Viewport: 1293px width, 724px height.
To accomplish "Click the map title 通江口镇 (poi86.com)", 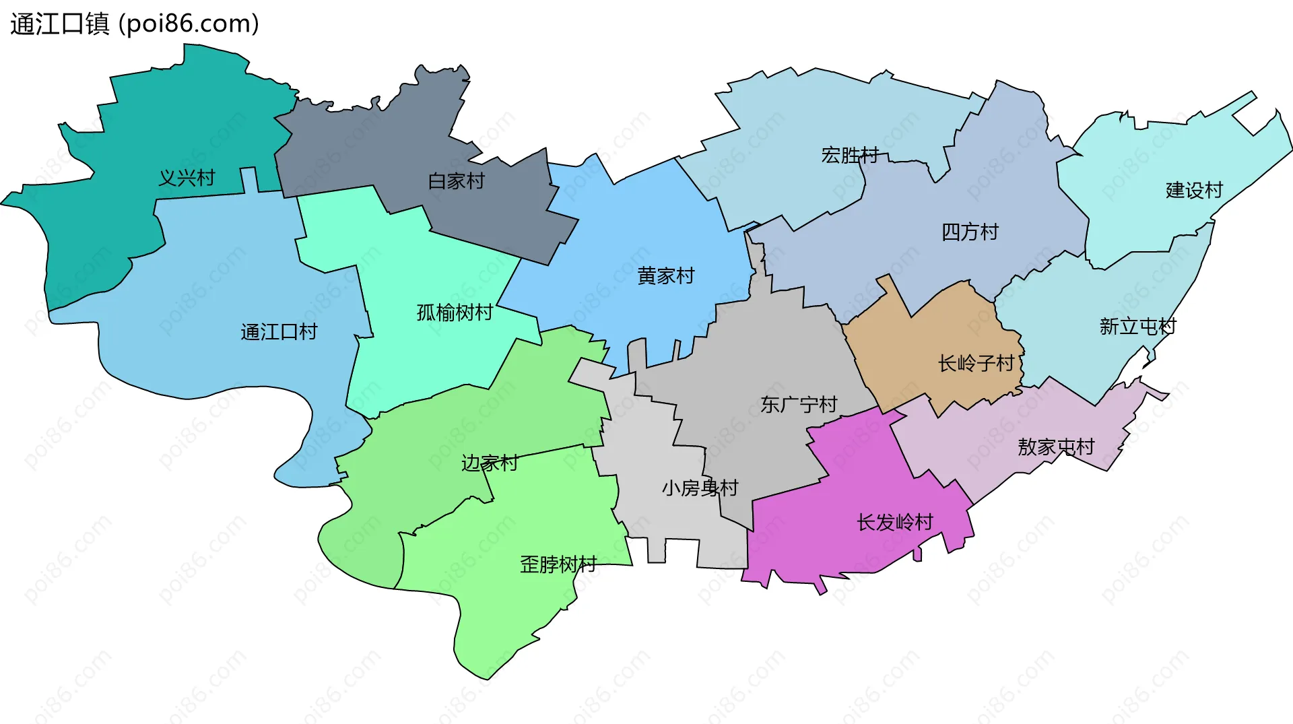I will pos(135,24).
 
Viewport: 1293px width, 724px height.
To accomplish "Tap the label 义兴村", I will pos(187,178).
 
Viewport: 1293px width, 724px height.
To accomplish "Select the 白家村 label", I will pos(456,181).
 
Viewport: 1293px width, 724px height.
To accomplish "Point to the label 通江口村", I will pos(279,332).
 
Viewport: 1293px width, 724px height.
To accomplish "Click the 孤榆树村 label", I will pos(455,312).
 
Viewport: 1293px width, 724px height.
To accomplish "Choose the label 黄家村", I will pos(665,276).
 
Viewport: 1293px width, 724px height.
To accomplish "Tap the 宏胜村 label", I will pos(850,156).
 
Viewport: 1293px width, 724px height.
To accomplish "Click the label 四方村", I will pos(970,232).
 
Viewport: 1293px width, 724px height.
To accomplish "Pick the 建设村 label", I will pos(1194,191).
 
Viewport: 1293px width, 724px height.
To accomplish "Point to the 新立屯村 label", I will pos(1137,327).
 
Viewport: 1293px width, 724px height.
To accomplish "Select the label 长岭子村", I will pos(976,364).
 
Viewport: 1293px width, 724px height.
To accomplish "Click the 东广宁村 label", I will pos(799,405).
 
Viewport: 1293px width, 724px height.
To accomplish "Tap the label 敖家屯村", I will pos(1056,447).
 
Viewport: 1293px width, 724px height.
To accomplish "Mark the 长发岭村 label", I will pos(895,523).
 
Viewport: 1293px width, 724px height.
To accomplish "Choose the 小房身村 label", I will pos(700,488).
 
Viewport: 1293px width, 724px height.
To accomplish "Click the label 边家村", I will pos(490,463).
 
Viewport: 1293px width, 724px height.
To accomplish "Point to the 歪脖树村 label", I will pos(558,564).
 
